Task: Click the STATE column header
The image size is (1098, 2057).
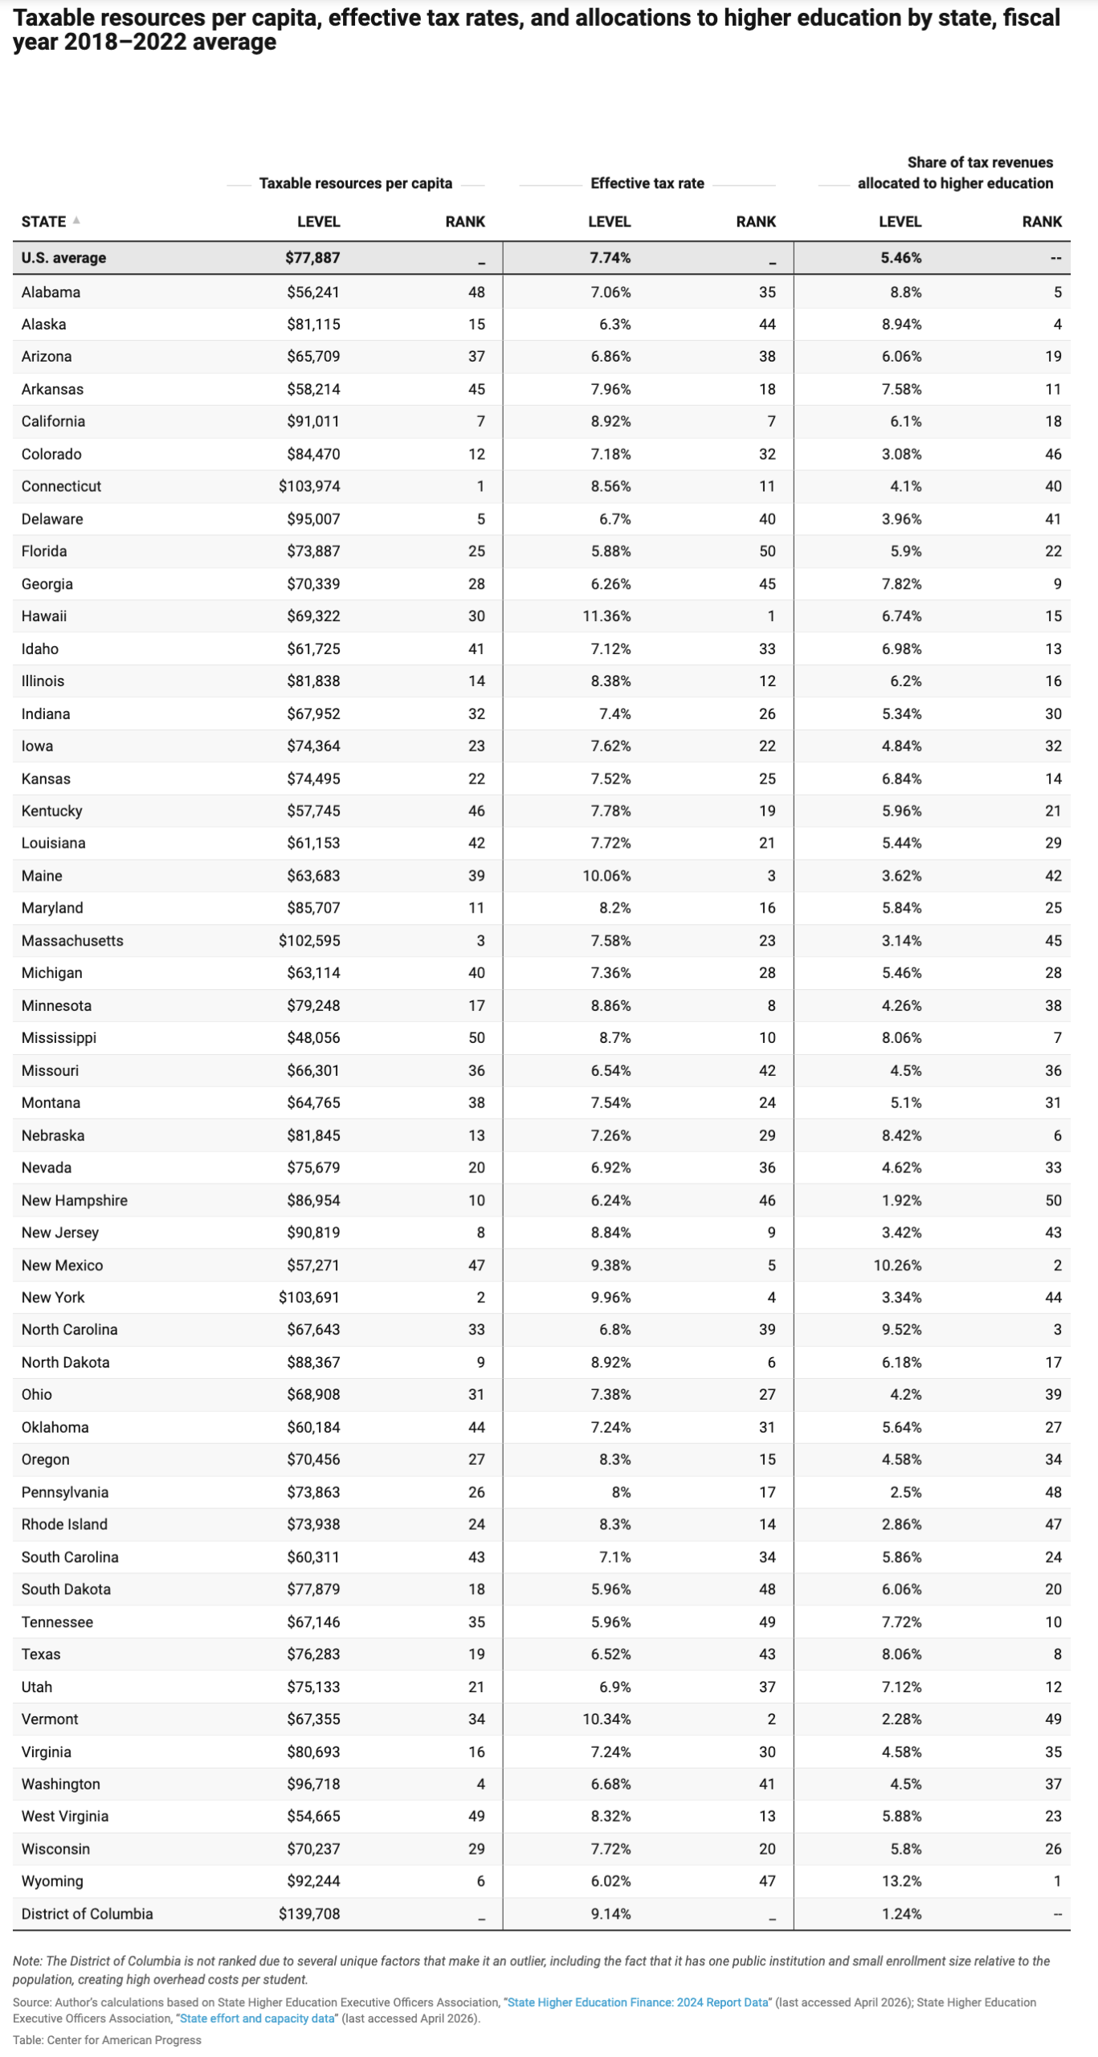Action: coord(43,222)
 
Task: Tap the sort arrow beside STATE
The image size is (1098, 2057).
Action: coord(76,220)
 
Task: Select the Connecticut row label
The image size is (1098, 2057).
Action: coord(61,486)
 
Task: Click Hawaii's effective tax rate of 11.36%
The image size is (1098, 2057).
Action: coord(606,616)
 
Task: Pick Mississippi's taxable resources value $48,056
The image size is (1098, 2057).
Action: coord(313,1037)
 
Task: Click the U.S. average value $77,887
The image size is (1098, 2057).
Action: coord(312,258)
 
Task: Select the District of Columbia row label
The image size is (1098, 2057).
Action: coord(87,1913)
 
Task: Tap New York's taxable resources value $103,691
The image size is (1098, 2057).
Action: coord(308,1297)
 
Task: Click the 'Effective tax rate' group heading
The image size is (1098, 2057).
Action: coord(647,183)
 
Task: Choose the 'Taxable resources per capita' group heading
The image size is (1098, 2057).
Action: coord(355,183)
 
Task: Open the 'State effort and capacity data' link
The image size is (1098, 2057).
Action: coord(257,2018)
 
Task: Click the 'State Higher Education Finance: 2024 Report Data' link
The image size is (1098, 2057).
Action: coord(638,2002)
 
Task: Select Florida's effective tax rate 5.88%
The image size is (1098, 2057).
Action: coord(610,551)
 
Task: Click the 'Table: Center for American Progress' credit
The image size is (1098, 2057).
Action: coord(107,2039)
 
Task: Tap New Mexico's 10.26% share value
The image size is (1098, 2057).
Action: coord(897,1265)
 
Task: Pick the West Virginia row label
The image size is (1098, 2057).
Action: coord(64,1816)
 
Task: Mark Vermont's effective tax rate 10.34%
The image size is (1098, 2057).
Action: coord(606,1719)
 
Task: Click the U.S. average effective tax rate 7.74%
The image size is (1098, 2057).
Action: coord(610,258)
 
